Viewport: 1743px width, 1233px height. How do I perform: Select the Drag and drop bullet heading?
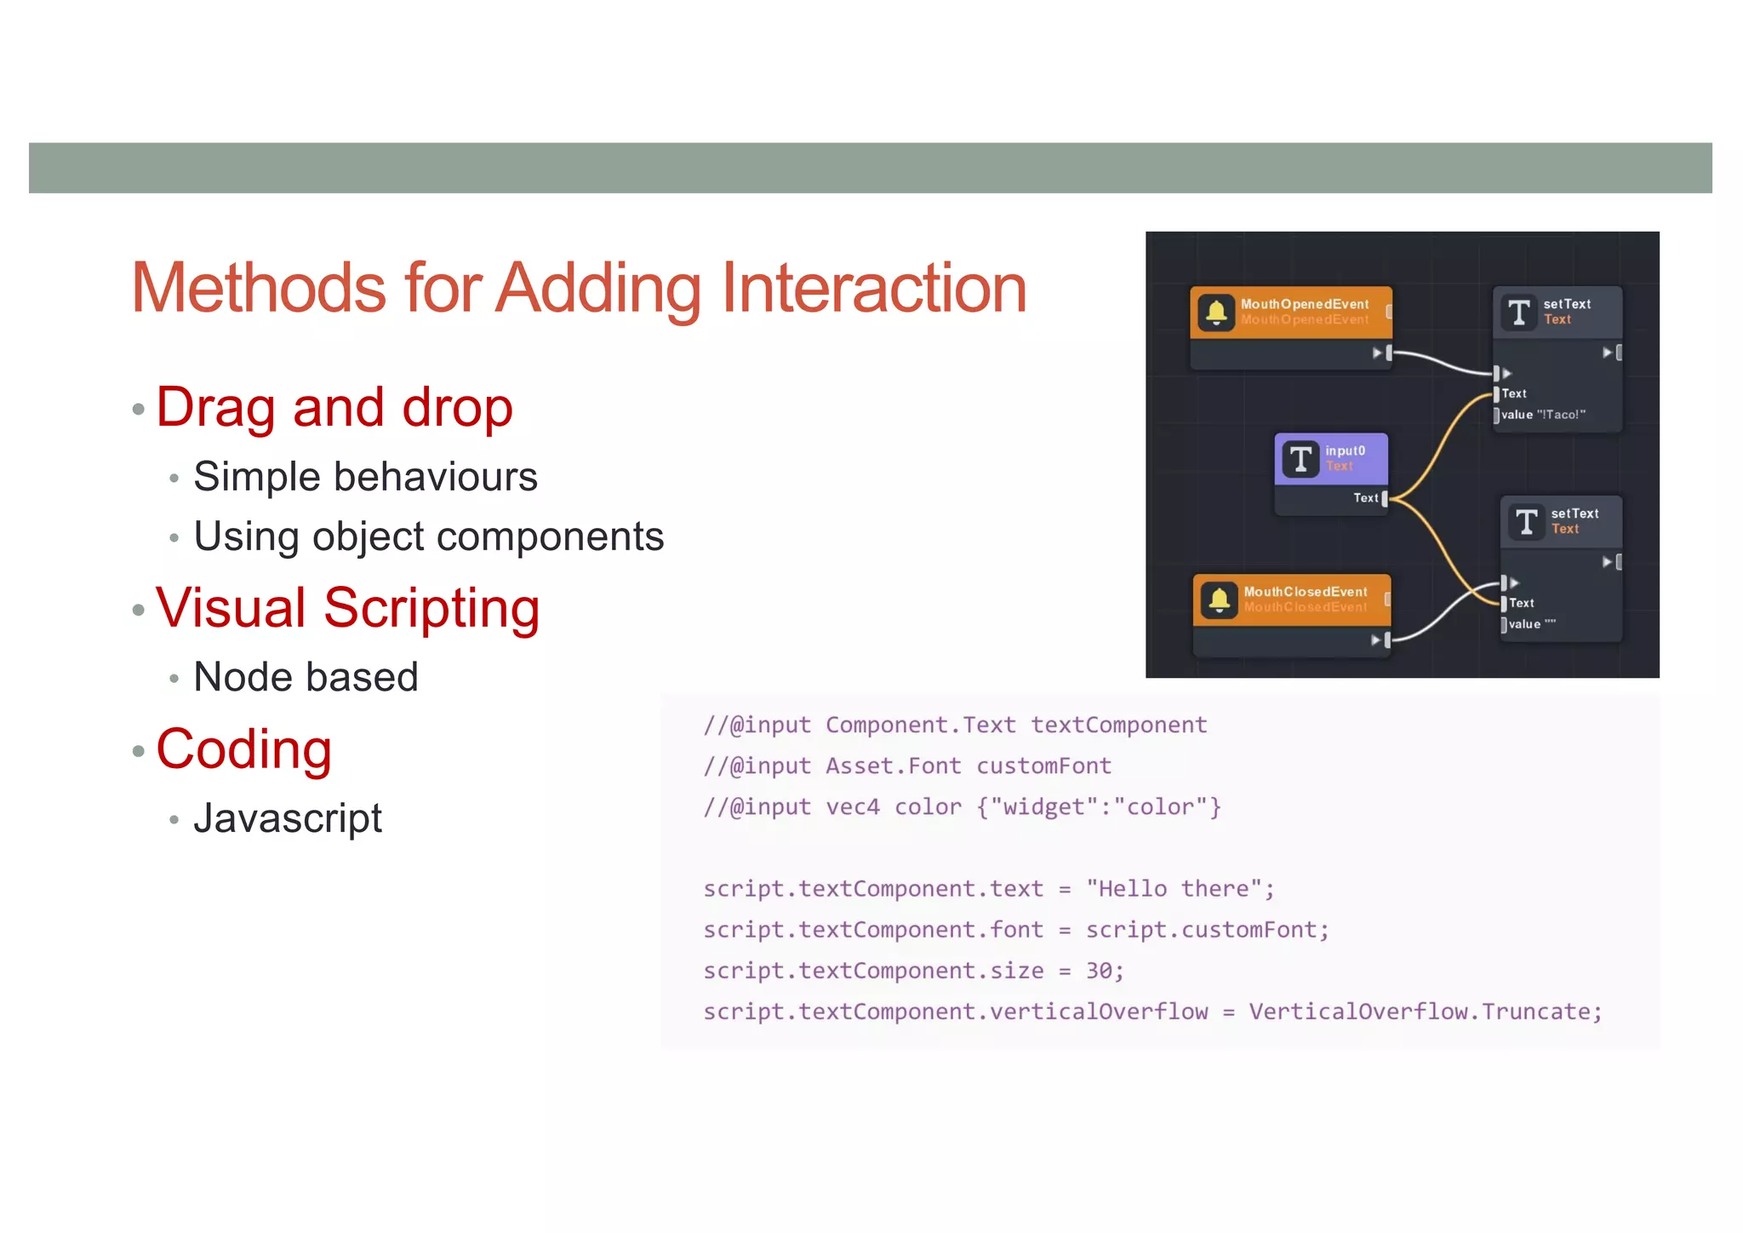click(334, 407)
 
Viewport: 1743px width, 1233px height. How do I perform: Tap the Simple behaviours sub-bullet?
click(365, 477)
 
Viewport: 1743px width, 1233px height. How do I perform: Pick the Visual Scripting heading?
click(347, 608)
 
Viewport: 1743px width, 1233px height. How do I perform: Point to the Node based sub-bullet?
click(306, 677)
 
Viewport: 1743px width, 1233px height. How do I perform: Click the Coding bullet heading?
click(243, 749)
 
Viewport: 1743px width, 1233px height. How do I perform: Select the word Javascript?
click(288, 818)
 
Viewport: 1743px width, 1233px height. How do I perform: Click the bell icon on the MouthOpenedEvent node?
click(1216, 313)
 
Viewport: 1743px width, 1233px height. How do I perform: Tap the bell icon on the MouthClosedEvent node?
click(1219, 600)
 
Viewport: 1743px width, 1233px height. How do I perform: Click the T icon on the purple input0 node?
click(1300, 459)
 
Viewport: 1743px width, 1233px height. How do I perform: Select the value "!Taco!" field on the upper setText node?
click(1542, 415)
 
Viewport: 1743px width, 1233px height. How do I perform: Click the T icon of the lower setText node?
click(1527, 521)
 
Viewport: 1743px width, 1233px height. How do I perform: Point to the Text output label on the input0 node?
click(1365, 498)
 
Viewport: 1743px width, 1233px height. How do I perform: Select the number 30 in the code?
click(1099, 971)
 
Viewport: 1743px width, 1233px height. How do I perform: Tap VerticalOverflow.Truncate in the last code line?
click(1424, 1012)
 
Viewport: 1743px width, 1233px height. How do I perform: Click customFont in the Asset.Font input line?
click(1043, 766)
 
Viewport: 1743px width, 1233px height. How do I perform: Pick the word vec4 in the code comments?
click(852, 807)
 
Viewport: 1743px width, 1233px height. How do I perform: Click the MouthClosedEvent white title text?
click(1305, 591)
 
